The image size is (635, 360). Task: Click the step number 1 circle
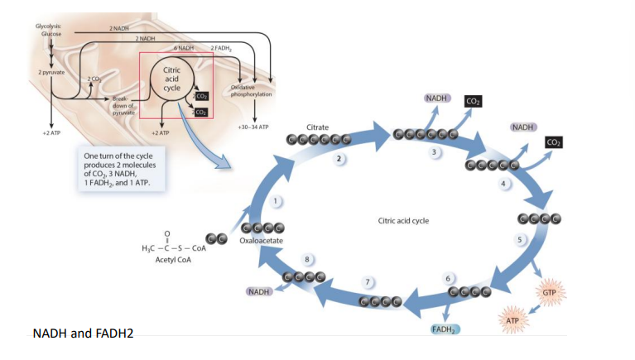(x=279, y=202)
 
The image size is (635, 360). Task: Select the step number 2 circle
(x=339, y=158)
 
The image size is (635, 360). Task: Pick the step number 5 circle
(x=521, y=240)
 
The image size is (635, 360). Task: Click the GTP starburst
(x=549, y=293)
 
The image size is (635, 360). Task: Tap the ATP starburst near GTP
(x=512, y=319)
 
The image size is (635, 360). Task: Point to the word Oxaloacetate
(x=262, y=240)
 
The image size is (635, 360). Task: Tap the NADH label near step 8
(x=259, y=292)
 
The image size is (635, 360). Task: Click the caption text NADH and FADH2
(x=83, y=334)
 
